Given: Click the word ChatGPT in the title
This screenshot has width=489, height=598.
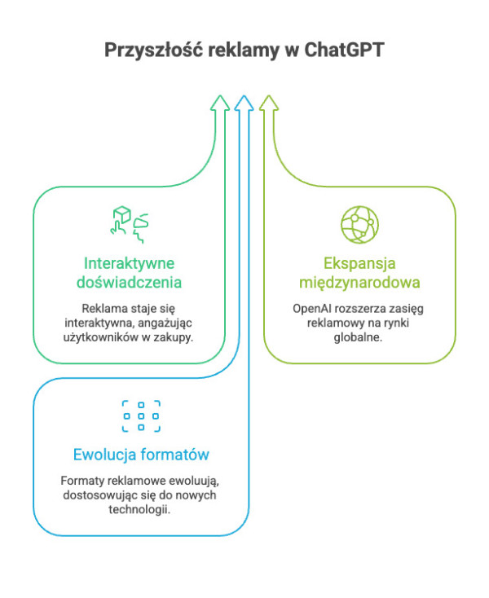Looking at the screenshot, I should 343,50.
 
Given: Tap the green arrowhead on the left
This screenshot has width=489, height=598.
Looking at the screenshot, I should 218,103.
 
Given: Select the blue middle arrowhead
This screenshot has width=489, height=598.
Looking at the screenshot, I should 244,103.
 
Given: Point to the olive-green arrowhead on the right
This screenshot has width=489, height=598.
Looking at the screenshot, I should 269,103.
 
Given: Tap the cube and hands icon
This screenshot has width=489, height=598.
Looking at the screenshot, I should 130,224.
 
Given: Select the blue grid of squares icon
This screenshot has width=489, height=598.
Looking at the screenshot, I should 141,416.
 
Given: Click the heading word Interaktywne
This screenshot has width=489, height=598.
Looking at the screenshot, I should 130,264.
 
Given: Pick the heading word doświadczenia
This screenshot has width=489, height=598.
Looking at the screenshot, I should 129,284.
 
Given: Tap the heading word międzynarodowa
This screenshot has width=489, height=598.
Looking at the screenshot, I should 359,284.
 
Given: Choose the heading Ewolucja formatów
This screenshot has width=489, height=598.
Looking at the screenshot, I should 142,455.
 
